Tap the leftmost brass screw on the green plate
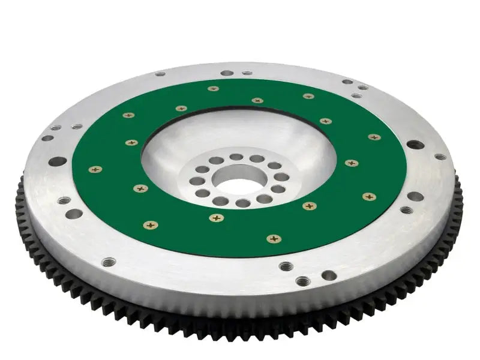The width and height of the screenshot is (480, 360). point(95,170)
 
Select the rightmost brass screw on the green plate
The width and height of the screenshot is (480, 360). point(374,137)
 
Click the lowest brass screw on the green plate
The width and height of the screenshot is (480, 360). point(274,239)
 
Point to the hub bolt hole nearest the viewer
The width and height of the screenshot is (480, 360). point(242,203)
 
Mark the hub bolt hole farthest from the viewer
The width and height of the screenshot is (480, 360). point(236,157)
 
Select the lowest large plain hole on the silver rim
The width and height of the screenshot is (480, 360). point(329,275)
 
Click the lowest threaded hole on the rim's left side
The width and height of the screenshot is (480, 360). point(109,262)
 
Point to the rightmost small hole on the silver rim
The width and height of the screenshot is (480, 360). point(440,157)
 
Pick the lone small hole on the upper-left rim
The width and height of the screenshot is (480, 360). point(160,74)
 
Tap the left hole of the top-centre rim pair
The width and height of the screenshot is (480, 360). point(227,73)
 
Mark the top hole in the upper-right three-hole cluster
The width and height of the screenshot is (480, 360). point(347,82)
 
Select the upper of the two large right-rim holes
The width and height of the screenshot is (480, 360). point(414,145)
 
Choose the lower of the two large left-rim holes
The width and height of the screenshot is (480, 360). point(74,213)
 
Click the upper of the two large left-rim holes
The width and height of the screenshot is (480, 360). point(58,161)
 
